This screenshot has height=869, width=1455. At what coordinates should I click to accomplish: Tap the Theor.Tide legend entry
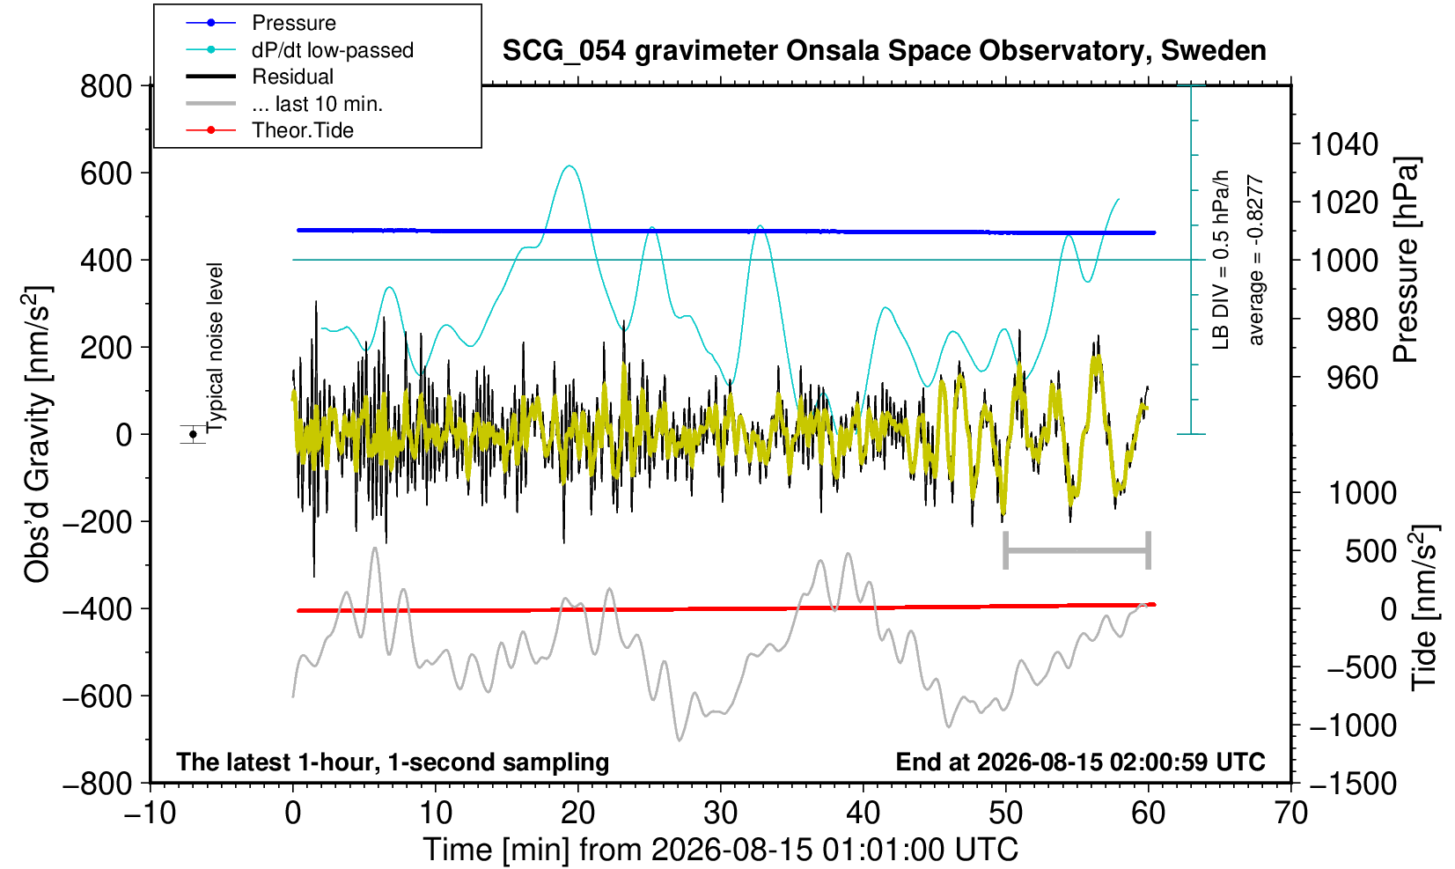point(269,130)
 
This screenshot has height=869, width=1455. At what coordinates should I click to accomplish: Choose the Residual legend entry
point(260,77)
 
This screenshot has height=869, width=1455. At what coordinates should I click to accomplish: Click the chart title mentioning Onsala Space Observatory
point(884,51)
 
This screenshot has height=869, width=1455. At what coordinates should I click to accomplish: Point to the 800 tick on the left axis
point(106,86)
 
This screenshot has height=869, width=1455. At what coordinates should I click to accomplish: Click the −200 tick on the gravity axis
point(98,522)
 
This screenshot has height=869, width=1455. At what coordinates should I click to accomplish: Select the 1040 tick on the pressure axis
point(1344,144)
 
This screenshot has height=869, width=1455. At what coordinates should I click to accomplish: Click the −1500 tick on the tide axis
point(1353,784)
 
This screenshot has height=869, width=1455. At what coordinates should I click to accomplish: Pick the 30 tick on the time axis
point(720,814)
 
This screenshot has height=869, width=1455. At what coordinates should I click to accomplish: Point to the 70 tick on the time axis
point(1290,814)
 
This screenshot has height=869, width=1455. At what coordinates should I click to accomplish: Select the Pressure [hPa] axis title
point(1407,260)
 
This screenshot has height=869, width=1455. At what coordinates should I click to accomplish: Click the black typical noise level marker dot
point(193,434)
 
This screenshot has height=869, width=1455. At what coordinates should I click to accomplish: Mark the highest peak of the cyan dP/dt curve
point(570,166)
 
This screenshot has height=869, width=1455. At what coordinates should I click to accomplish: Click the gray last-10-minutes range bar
point(1077,550)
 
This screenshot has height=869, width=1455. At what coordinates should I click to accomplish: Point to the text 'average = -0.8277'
point(1255,260)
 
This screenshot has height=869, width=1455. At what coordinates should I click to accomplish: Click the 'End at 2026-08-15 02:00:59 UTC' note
point(1080,762)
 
